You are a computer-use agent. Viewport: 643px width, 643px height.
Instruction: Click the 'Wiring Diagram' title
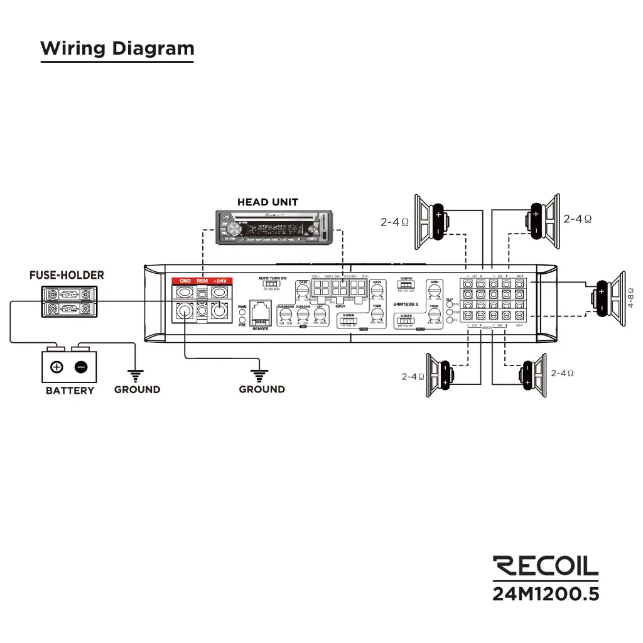click(x=117, y=48)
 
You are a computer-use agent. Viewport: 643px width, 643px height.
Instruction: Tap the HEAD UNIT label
click(x=267, y=202)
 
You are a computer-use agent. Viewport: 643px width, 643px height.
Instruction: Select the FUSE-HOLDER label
click(x=67, y=275)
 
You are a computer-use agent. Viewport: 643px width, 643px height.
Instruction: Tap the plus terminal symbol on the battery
click(x=57, y=367)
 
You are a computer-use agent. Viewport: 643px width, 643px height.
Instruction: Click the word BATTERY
click(x=70, y=391)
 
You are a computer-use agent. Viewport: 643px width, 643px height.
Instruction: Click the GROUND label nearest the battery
click(x=137, y=389)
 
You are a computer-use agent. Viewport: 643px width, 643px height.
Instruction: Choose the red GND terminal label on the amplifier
click(x=185, y=281)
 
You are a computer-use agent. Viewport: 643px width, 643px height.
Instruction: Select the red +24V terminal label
click(x=219, y=281)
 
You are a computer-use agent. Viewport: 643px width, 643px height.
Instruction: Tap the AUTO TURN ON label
click(x=273, y=278)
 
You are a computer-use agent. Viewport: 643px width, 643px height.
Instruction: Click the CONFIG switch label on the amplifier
click(x=406, y=278)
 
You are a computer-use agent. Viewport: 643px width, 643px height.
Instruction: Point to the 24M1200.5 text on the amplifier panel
click(x=406, y=304)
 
